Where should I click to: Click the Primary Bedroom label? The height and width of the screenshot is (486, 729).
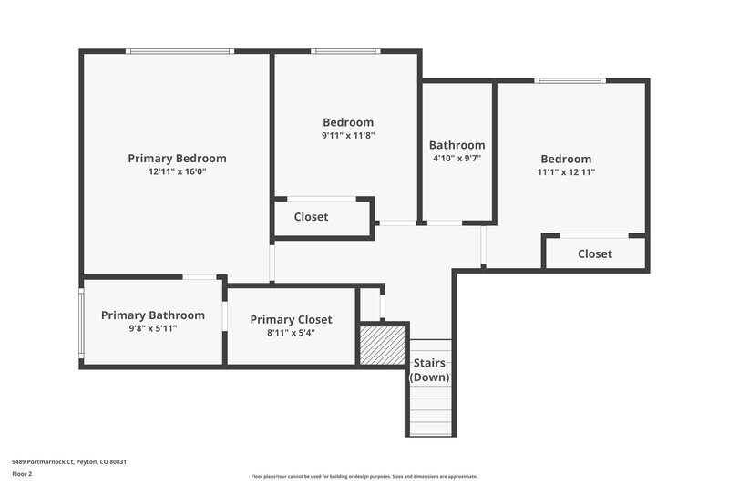(177, 159)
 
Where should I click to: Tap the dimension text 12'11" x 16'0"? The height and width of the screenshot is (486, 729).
(177, 171)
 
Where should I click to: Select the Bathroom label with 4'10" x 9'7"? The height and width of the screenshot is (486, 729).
(457, 145)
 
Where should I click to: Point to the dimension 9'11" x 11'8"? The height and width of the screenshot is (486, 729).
(348, 135)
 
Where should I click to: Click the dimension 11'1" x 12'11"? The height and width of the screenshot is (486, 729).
(566, 171)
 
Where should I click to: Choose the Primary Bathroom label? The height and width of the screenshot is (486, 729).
(152, 315)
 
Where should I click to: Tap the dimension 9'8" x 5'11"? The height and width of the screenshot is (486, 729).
(152, 328)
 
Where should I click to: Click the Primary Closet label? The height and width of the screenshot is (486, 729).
(291, 320)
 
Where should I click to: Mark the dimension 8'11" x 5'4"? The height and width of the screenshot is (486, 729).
(291, 333)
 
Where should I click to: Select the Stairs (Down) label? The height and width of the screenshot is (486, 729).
(430, 369)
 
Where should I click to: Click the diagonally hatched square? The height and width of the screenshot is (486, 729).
(382, 345)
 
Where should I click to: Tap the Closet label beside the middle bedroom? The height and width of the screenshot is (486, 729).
(311, 217)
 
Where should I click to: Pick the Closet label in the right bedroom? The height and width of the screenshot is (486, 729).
(595, 253)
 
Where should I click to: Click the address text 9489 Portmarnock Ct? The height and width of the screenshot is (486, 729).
(68, 462)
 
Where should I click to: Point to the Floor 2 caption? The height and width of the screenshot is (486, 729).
(22, 474)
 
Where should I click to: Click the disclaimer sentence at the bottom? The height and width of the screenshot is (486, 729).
(364, 476)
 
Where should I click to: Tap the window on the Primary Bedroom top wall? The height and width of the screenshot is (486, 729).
(180, 51)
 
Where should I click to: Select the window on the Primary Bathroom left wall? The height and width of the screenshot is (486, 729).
(81, 324)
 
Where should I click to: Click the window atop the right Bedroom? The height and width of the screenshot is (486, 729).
(570, 80)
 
